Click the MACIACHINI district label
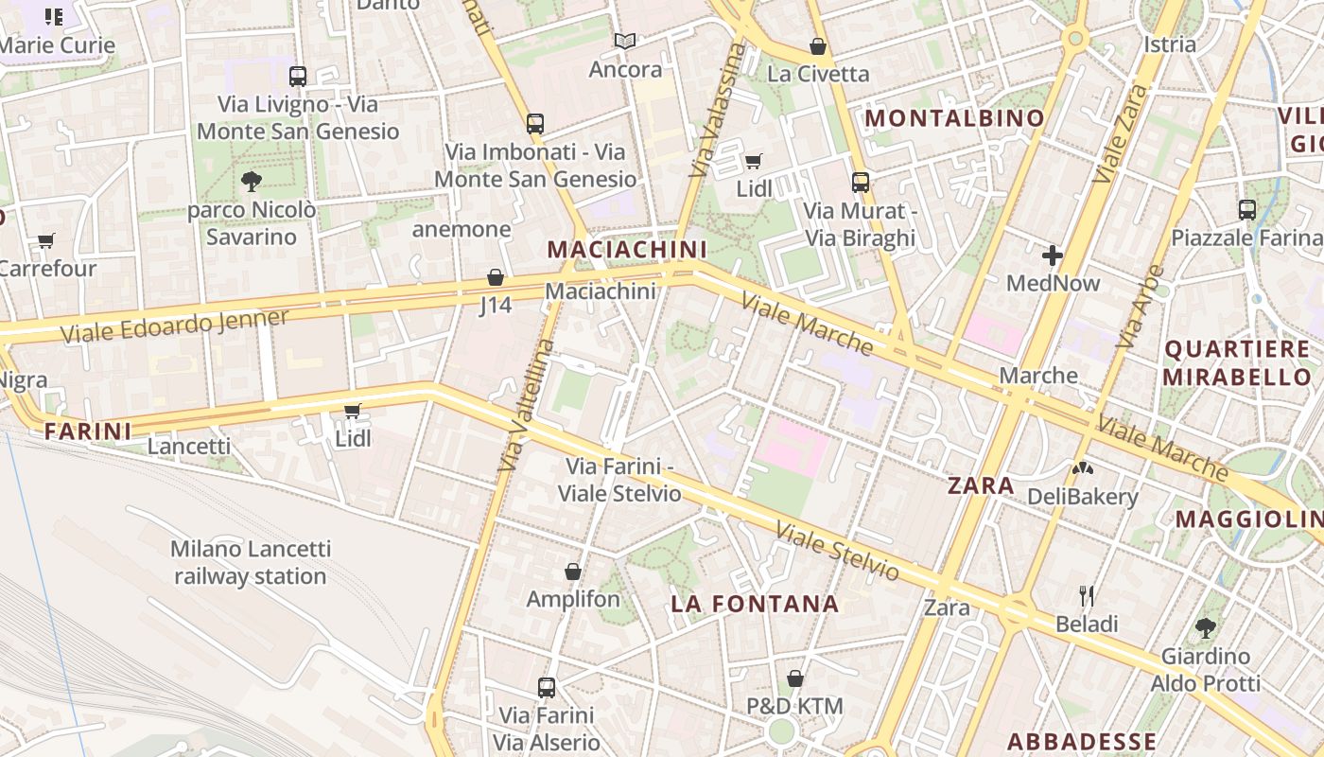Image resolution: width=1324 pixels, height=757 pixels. (x=627, y=249)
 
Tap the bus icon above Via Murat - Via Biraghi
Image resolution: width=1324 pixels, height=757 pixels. (x=860, y=182)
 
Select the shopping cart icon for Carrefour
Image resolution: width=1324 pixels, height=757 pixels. (x=45, y=240)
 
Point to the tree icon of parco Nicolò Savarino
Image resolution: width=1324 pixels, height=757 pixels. (x=251, y=181)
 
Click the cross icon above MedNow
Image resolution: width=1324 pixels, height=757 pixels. (x=1052, y=255)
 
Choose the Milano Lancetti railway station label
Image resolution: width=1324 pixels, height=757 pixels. (x=251, y=562)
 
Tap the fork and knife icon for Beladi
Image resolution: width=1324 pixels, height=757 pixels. (x=1087, y=595)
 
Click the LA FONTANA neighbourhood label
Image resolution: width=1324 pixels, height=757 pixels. (x=755, y=604)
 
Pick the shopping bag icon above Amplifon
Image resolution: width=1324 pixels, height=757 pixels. (x=572, y=571)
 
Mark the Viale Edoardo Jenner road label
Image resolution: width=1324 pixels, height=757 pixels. (x=174, y=326)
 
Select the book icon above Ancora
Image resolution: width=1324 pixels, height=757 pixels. (x=624, y=41)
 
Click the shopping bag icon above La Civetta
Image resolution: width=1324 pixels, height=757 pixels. (x=817, y=45)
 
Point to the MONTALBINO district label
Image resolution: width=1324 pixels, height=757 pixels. (x=954, y=118)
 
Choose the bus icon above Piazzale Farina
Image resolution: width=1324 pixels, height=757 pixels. (x=1246, y=210)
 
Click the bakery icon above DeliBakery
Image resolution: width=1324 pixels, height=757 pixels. (x=1082, y=468)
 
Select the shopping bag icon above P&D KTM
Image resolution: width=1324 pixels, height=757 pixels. (x=794, y=678)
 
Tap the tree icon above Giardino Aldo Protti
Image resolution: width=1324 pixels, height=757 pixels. (x=1205, y=626)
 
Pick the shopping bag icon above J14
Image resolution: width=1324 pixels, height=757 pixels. (x=495, y=277)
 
